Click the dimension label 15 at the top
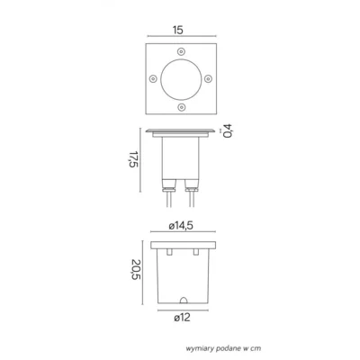[178, 31]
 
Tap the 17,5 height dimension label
[134, 159]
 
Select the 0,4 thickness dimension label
[229, 130]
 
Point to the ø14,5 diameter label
[181, 226]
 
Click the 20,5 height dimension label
[136, 270]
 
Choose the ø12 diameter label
[182, 318]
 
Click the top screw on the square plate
[181, 51]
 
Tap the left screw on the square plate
[153, 79]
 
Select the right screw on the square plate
[208, 79]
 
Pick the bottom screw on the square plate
[181, 106]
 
